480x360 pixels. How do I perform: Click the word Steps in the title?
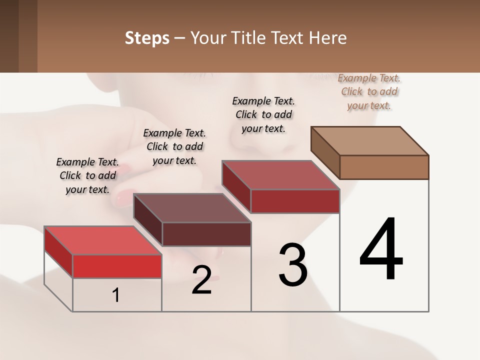click(x=147, y=38)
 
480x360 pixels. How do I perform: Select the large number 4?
click(x=381, y=250)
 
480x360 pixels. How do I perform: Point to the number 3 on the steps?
click(x=293, y=265)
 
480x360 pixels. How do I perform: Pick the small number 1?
click(x=116, y=295)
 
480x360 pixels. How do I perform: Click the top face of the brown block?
click(x=369, y=140)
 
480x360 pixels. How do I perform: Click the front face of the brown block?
click(x=384, y=167)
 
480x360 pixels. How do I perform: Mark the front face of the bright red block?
click(x=117, y=266)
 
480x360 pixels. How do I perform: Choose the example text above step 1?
click(x=87, y=175)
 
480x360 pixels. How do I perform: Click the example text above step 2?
click(x=174, y=146)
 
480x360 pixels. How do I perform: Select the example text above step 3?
click(x=263, y=114)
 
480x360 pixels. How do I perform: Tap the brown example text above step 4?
click(x=369, y=91)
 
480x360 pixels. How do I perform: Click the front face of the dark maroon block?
click(x=206, y=234)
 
